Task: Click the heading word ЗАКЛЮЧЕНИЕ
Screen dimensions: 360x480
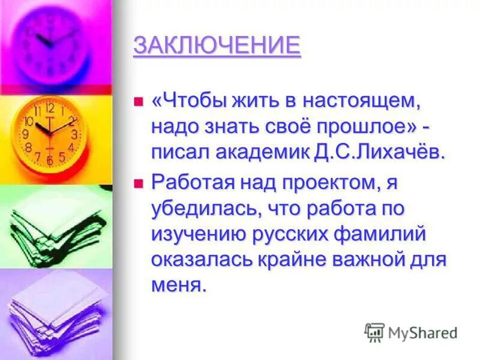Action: click(x=217, y=46)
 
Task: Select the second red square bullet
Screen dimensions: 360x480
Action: click(x=139, y=182)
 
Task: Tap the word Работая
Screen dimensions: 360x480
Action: click(x=189, y=181)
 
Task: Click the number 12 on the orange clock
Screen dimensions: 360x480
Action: click(x=49, y=109)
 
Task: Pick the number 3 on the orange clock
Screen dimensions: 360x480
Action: click(x=74, y=134)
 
